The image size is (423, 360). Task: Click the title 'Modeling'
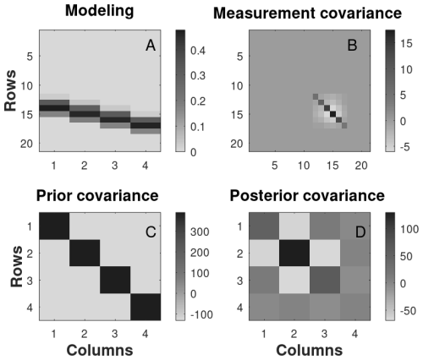coord(100,11)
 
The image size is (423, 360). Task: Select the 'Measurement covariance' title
coord(307,14)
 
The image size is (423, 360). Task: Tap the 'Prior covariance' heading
coord(97,195)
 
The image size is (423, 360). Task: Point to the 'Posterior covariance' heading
coord(307,195)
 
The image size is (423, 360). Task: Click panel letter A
coord(151,46)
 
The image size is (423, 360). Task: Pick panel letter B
coord(352,46)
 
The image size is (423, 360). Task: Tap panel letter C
coord(151,232)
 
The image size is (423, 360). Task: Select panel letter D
coord(360,232)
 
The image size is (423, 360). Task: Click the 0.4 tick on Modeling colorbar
coord(198,51)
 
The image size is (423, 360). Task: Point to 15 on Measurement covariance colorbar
coord(406,43)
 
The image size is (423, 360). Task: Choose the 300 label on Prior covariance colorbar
coord(200,232)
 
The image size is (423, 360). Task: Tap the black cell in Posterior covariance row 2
coord(294,253)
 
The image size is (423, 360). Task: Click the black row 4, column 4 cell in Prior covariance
coord(146,307)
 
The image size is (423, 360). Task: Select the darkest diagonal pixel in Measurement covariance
coord(333,114)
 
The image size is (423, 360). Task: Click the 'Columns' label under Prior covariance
coord(100,350)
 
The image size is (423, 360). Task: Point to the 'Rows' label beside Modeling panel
coord(10,90)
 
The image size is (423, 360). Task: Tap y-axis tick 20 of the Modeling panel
coord(27,144)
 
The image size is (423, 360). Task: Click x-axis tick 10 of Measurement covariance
coord(304,166)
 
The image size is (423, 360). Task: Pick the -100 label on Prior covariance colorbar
coord(201,314)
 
